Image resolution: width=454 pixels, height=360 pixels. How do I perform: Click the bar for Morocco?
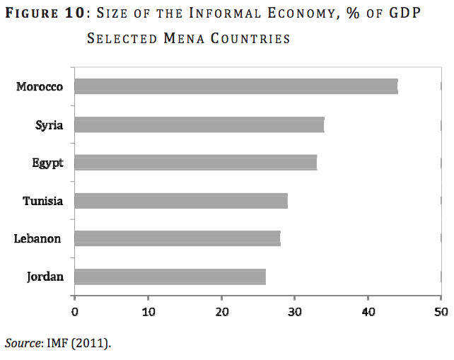point(235,87)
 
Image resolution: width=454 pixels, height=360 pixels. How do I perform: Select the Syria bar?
point(199,125)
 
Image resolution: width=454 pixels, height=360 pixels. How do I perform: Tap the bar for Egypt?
point(195,163)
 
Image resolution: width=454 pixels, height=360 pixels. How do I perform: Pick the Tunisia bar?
point(180,201)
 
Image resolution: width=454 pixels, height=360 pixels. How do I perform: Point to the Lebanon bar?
point(177,238)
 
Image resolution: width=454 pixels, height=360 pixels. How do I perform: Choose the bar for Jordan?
point(170,277)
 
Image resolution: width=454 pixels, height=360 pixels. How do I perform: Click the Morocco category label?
point(40,87)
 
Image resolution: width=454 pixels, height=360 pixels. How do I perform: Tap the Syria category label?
point(50,125)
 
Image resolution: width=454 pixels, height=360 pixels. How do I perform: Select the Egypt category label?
point(47,163)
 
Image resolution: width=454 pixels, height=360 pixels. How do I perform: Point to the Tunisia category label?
point(42,201)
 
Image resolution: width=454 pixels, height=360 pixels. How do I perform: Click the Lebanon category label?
point(37,239)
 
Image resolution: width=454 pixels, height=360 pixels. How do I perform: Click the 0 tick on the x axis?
point(74,310)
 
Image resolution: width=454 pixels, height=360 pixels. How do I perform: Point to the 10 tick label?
point(148,310)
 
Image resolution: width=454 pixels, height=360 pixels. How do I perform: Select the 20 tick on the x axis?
point(221,310)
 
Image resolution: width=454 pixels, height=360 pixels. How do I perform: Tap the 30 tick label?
point(295,310)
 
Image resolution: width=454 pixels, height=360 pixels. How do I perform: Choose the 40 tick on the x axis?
point(368,310)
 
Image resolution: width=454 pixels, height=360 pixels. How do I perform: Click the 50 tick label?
point(441,310)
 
